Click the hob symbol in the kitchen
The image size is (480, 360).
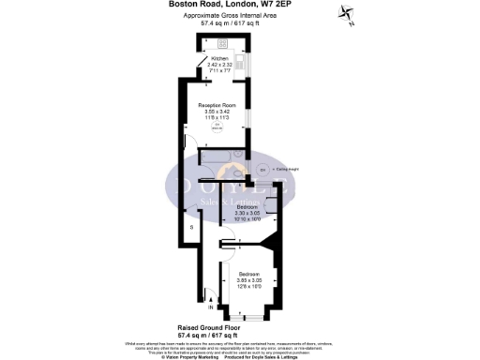tap(222, 44)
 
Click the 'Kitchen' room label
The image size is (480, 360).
tap(218, 57)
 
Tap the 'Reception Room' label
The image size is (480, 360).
tap(217, 104)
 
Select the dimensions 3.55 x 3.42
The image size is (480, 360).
tap(217, 111)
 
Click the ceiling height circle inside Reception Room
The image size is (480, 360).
tap(217, 127)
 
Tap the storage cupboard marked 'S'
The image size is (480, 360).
tap(192, 227)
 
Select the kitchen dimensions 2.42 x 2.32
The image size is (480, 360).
tap(218, 64)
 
